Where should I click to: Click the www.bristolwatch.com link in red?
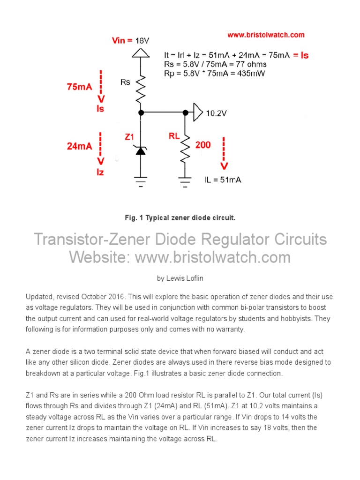(266, 35)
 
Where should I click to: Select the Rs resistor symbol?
(141, 90)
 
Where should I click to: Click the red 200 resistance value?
(203, 145)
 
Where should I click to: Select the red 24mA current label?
(79, 146)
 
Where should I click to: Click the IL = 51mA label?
(223, 180)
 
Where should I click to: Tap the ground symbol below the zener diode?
(141, 180)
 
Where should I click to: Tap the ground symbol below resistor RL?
(185, 180)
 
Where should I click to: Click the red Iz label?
(100, 172)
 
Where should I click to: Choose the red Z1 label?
(129, 137)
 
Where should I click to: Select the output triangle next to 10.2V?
(198, 112)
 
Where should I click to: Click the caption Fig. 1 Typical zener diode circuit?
(180, 218)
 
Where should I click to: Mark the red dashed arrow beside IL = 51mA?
(225, 154)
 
